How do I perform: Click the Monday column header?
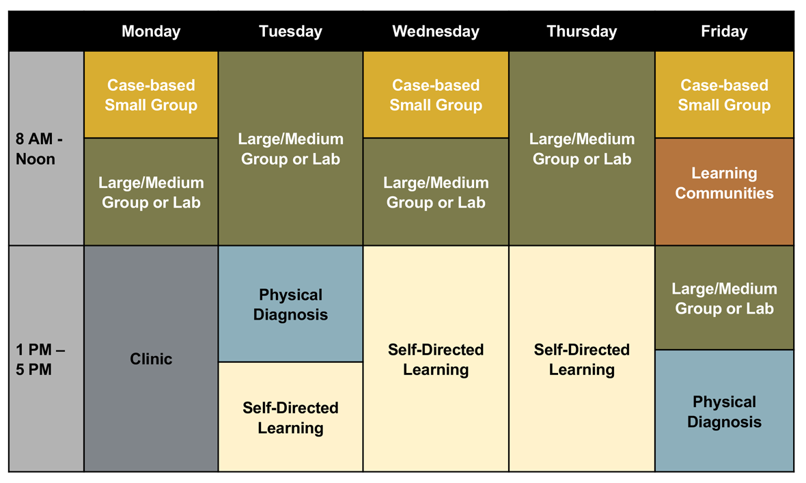click(x=151, y=31)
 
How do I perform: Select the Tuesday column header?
click(x=290, y=31)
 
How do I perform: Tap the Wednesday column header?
click(x=436, y=31)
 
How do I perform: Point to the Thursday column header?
click(x=581, y=31)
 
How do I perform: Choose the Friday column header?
click(x=724, y=31)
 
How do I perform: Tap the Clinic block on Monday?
click(x=151, y=359)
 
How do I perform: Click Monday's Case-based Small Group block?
click(x=151, y=95)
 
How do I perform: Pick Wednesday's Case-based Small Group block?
click(x=436, y=95)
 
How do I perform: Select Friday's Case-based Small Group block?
click(x=724, y=95)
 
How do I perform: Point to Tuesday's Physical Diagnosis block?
click(x=290, y=304)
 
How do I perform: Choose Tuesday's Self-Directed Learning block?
click(x=290, y=417)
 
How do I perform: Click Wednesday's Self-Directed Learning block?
click(x=436, y=359)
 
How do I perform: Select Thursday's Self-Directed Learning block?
click(x=581, y=359)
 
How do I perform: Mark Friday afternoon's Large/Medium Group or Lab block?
click(x=724, y=298)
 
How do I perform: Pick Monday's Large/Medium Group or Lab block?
click(x=151, y=192)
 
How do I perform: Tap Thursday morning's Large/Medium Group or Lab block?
click(x=581, y=148)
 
